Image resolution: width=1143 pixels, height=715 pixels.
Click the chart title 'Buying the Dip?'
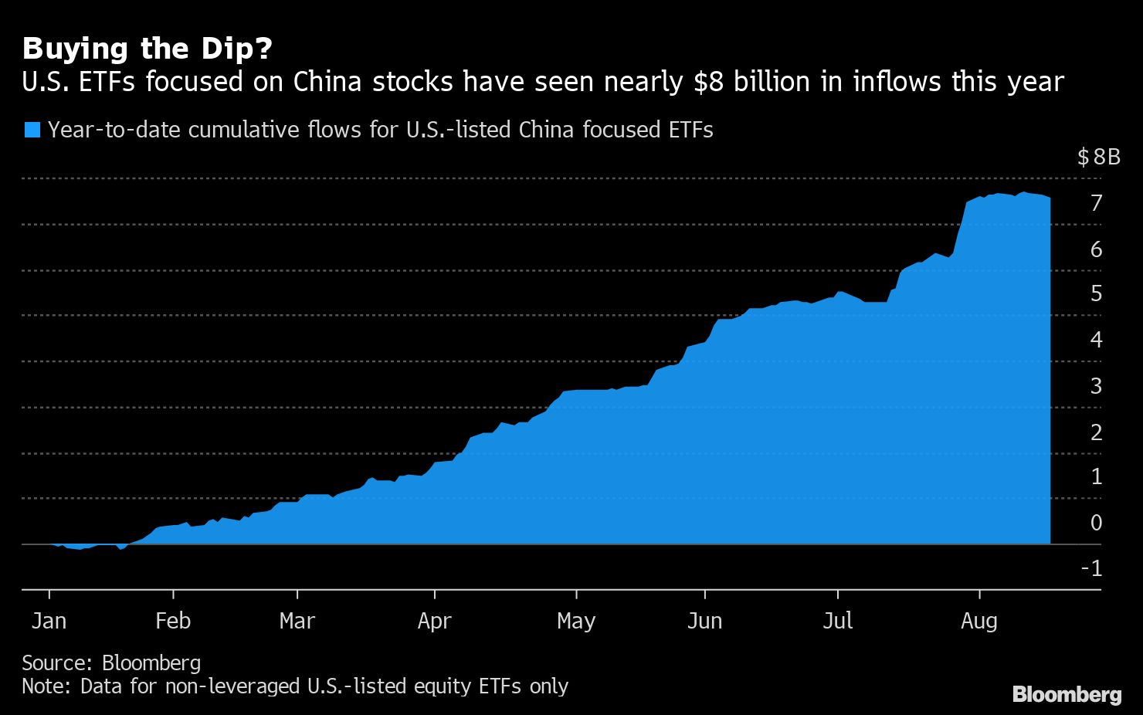[148, 49]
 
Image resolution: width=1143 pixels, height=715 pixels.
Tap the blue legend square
[32, 130]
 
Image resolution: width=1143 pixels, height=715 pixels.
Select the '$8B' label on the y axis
[1098, 158]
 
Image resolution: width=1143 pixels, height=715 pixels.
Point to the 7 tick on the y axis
[1096, 203]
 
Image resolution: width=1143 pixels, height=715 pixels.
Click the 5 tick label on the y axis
[1096, 293]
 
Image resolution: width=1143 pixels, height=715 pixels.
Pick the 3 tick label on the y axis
[1096, 386]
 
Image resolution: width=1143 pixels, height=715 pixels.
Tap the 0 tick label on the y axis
[1096, 523]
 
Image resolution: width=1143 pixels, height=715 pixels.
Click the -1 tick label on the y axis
[1091, 569]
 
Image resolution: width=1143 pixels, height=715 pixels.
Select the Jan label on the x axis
[49, 621]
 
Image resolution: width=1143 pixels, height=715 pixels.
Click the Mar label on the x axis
[297, 621]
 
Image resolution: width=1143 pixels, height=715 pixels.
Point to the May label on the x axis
[576, 621]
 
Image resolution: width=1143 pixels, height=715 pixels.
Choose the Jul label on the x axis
[838, 621]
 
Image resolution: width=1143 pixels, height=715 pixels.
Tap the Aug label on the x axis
[979, 621]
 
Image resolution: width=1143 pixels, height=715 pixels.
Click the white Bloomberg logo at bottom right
[1067, 694]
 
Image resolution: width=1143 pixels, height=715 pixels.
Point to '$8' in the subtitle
[709, 81]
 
